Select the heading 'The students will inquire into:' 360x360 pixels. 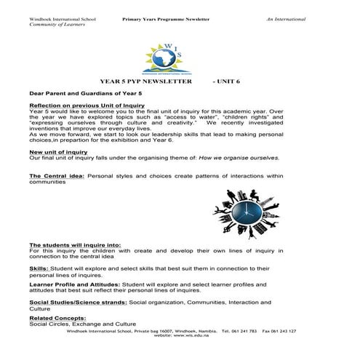76,244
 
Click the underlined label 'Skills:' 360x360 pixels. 39,268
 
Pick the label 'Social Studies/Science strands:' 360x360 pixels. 77,301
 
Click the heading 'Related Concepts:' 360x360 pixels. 57,318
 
